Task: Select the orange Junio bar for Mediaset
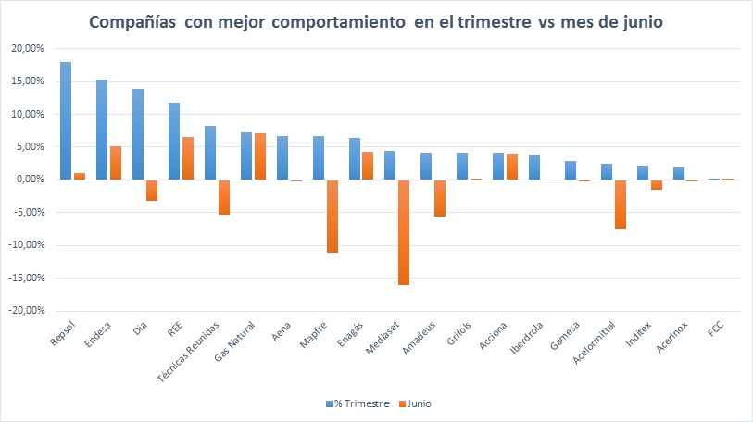pyautogui.click(x=403, y=231)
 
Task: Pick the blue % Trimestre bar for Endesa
pyautogui.click(x=102, y=130)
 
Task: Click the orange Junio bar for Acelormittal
pyautogui.click(x=620, y=204)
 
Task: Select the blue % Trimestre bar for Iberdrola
pyautogui.click(x=534, y=167)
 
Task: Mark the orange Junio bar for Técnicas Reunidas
pyautogui.click(x=223, y=196)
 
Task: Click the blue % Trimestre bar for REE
pyautogui.click(x=174, y=141)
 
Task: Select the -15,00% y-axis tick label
pyautogui.click(x=27, y=278)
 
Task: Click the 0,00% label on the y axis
pyautogui.click(x=30, y=180)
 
